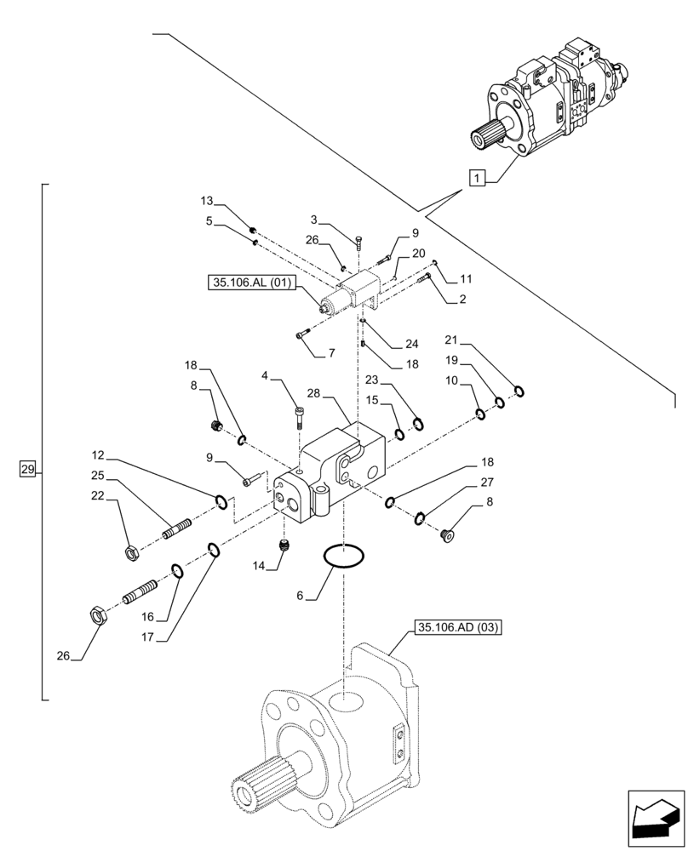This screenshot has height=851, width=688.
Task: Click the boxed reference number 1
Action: pyautogui.click(x=479, y=179)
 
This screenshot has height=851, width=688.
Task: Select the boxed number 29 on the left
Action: pyautogui.click(x=28, y=469)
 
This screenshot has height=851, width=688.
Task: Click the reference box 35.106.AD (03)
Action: pyautogui.click(x=458, y=629)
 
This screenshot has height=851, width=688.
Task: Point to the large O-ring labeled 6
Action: pyautogui.click(x=344, y=558)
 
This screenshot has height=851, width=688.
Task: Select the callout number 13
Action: pyautogui.click(x=206, y=202)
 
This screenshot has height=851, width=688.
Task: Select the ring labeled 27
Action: pyautogui.click(x=420, y=518)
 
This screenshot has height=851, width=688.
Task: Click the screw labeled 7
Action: pyautogui.click(x=301, y=335)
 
